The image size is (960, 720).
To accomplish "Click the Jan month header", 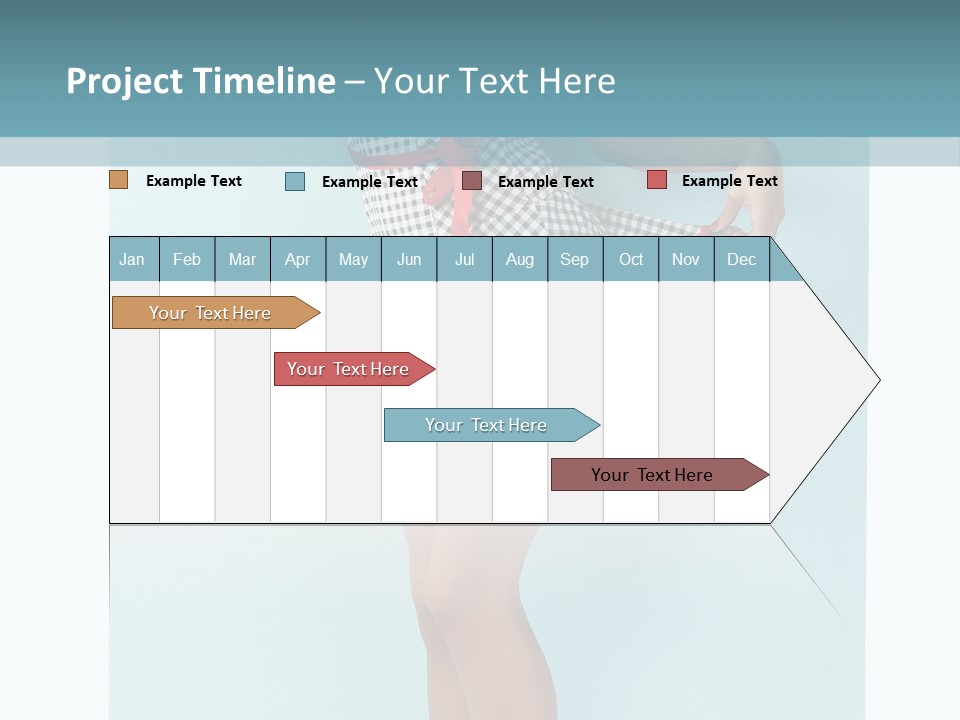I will point(133,259).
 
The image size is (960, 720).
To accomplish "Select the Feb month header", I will point(187,259).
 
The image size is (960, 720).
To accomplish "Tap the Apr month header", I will point(298,259).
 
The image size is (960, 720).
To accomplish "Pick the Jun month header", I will point(409,259).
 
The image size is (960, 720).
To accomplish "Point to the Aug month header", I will point(520,259).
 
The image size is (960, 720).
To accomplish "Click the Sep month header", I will point(575,259).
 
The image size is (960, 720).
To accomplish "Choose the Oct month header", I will point(631,259).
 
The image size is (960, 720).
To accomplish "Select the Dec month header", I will point(742,259).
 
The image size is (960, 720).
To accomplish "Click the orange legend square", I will point(118,180).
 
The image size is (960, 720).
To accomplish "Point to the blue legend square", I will point(295,181).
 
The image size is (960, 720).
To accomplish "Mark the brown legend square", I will point(472,180).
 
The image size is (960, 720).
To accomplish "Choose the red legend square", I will point(656,180).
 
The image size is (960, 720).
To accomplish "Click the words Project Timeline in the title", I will point(201,81).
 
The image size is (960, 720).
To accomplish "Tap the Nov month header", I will point(686,259).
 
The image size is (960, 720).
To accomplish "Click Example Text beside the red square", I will point(729,181).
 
